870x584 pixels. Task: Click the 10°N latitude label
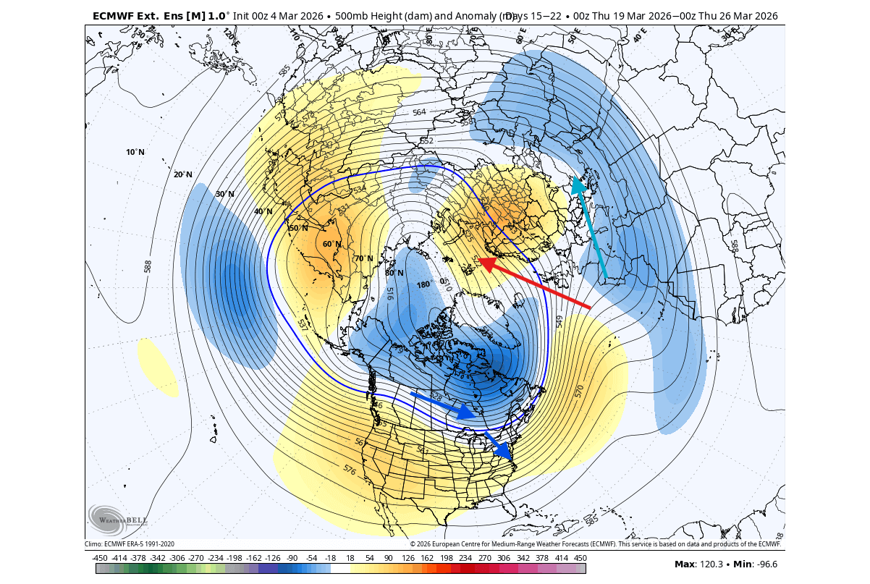pyautogui.click(x=135, y=152)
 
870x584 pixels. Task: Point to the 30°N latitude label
pyautogui.click(x=225, y=194)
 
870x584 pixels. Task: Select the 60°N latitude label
pyautogui.click(x=331, y=244)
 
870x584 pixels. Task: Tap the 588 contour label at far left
pyautogui.click(x=148, y=266)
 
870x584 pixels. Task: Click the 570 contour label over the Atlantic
pyautogui.click(x=579, y=392)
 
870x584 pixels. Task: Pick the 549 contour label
pyautogui.click(x=559, y=321)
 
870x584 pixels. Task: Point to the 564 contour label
pyautogui.click(x=419, y=112)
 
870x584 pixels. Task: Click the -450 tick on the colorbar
pyautogui.click(x=100, y=558)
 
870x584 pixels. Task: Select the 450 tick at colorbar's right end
pyautogui.click(x=580, y=558)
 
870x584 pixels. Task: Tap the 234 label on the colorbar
pyautogui.click(x=465, y=558)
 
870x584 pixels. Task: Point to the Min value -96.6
pyautogui.click(x=763, y=564)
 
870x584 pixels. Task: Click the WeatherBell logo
pyautogui.click(x=118, y=520)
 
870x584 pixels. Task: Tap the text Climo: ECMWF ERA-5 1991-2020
pyautogui.click(x=130, y=543)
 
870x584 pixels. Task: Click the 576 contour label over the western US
pyautogui.click(x=350, y=470)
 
